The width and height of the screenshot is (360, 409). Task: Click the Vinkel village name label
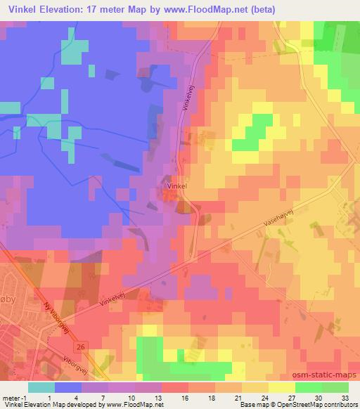click(x=176, y=186)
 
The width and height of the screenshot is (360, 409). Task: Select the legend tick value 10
click(x=132, y=397)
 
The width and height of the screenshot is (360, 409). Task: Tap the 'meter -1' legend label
click(x=14, y=397)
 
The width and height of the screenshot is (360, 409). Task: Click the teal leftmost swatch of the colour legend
click(x=41, y=387)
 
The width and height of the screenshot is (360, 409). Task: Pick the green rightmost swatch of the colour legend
click(x=336, y=387)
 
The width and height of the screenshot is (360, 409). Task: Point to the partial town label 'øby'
click(x=8, y=292)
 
